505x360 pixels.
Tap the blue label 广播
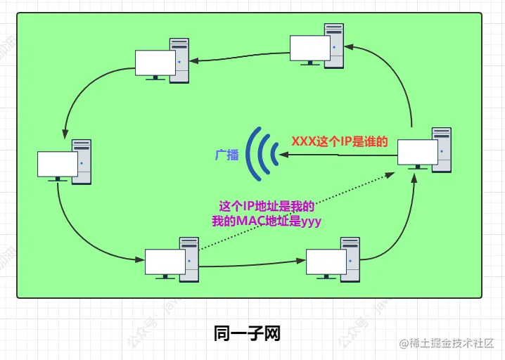click(x=227, y=155)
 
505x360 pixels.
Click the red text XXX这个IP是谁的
click(x=340, y=141)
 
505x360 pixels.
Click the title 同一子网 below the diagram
click(x=247, y=333)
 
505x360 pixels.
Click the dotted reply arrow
click(x=295, y=214)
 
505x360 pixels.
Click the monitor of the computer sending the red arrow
click(x=417, y=153)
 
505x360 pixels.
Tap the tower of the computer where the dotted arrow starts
click(x=189, y=259)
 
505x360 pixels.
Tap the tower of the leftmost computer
click(x=82, y=161)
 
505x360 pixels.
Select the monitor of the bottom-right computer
click(x=326, y=262)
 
